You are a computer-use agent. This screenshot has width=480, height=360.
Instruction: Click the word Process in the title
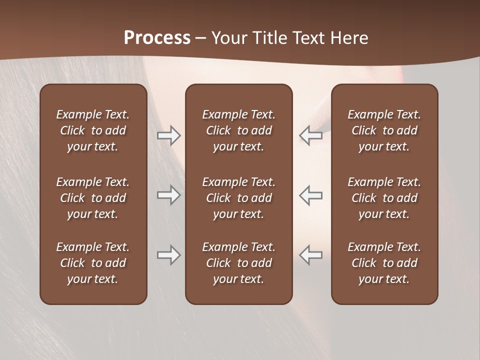157,38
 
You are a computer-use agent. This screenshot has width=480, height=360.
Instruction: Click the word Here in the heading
349,38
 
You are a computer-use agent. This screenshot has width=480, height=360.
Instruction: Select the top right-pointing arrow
168,135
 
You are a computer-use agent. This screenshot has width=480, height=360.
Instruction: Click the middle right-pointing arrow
168,195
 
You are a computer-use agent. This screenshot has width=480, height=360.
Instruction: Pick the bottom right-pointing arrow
168,255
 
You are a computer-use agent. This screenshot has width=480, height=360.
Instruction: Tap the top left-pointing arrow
310,135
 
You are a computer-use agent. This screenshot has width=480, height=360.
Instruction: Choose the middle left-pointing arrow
310,195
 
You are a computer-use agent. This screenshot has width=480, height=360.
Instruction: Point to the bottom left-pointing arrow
310,255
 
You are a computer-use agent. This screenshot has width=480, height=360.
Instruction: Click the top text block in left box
93,130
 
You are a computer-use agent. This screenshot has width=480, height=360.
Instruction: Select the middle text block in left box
93,198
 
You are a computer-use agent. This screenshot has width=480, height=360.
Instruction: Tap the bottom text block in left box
93,263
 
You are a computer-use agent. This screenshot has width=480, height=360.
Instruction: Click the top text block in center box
238,130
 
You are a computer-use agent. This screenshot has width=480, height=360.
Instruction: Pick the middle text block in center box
238,198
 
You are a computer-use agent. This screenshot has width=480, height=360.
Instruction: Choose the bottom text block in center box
238,263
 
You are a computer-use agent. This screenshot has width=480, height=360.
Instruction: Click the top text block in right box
384,130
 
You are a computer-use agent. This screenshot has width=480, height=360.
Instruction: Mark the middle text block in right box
384,198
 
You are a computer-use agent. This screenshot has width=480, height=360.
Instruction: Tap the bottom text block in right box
384,263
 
